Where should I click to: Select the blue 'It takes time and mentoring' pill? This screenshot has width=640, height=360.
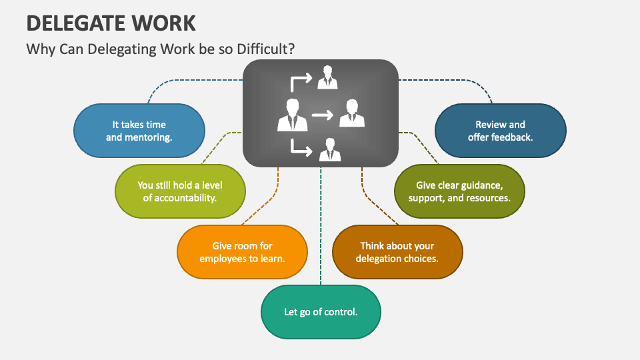[x=139, y=131]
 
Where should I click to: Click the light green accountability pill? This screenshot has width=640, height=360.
[x=180, y=191]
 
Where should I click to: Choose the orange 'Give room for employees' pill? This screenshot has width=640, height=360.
[x=243, y=252]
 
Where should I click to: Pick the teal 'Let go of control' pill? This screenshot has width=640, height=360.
[x=321, y=311]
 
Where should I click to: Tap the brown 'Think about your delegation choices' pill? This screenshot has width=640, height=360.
[x=397, y=252]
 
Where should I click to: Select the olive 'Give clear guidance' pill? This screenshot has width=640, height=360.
[x=459, y=191]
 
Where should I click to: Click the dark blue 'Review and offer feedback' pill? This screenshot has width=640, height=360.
[x=500, y=131]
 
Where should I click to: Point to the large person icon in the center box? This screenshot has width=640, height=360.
[x=292, y=115]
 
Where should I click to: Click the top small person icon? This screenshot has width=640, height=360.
[x=327, y=77]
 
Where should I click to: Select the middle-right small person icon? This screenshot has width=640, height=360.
[x=352, y=113]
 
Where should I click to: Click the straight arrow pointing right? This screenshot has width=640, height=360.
[x=322, y=115]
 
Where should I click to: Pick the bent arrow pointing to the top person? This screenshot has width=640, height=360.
[x=300, y=81]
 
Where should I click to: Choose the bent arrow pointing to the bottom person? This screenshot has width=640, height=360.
[x=300, y=148]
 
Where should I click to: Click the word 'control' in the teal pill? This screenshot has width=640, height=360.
[x=341, y=311]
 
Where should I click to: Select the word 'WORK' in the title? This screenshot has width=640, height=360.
[x=166, y=23]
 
